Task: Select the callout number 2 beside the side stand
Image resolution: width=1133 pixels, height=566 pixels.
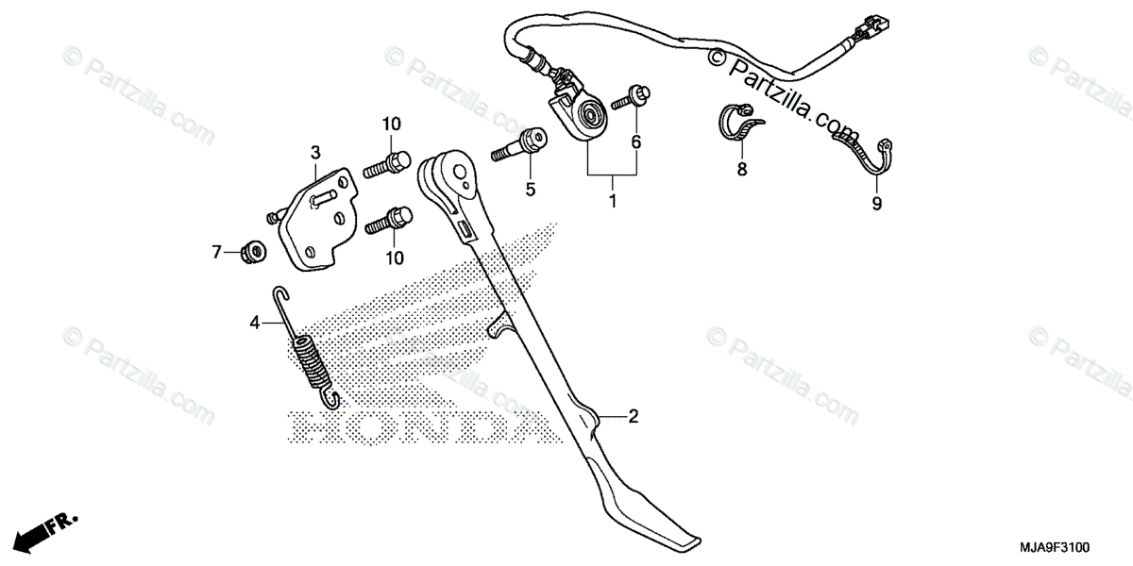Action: pos(634,415)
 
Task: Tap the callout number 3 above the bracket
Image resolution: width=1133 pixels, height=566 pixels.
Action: pos(315,152)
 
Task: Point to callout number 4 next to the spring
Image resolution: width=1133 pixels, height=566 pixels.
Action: pos(255,323)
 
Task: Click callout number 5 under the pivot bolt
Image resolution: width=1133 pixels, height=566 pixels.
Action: pos(531,190)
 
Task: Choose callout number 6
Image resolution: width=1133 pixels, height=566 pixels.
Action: pos(635,142)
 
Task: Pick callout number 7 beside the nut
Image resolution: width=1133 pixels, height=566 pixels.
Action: pos(216,252)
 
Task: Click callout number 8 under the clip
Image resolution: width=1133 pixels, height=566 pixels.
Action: pos(741,169)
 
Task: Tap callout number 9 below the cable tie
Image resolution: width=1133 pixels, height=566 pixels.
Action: pos(876,203)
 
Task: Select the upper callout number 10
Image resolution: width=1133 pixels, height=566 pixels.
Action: pos(392,124)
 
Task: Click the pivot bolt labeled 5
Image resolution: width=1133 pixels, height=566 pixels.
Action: pos(518,145)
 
